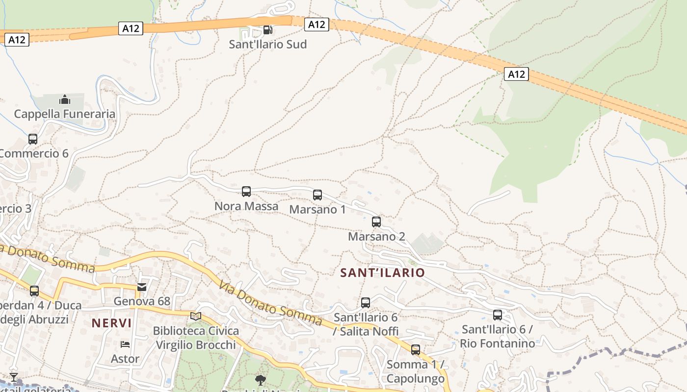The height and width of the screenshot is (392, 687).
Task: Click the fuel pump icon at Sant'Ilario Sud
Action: (267, 29)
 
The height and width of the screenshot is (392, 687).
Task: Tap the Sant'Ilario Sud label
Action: (268, 44)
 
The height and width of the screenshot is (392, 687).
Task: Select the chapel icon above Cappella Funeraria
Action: (64, 100)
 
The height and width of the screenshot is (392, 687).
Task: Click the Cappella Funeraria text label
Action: (65, 114)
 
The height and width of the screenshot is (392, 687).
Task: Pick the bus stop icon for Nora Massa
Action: (246, 192)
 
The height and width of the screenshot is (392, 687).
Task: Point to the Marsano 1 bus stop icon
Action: (317, 195)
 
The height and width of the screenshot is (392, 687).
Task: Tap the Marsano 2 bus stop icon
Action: (376, 222)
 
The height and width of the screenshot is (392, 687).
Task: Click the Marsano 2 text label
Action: (376, 237)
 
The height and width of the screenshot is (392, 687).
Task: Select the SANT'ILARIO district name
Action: (383, 273)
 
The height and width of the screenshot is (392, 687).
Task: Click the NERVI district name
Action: (111, 323)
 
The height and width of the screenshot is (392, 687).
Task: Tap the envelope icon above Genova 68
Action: (142, 287)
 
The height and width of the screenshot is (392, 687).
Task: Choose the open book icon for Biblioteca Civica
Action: (196, 316)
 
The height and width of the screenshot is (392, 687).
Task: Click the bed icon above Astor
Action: (125, 344)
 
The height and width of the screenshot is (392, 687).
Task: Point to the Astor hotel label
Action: (125, 359)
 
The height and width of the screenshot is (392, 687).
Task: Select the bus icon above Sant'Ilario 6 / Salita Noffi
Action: (366, 303)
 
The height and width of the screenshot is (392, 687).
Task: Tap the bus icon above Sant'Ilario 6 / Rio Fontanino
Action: (498, 315)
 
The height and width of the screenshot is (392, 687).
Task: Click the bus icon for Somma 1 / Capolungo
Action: (416, 350)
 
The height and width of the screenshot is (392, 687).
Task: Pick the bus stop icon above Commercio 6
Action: (33, 139)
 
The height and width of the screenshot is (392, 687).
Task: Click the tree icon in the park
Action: (260, 380)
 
